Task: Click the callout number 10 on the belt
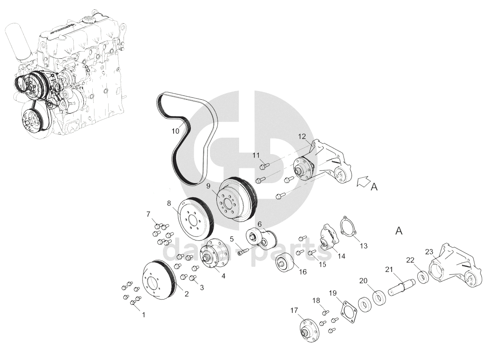[175, 131]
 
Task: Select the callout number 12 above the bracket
[302, 136]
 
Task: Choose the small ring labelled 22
[423, 277]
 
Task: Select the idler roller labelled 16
[285, 262]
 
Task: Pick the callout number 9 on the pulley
[208, 186]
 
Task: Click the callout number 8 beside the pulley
[169, 203]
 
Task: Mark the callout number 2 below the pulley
[187, 294]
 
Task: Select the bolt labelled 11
[264, 165]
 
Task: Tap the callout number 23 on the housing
[429, 252]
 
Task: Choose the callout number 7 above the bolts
[148, 214]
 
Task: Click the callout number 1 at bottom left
[144, 315]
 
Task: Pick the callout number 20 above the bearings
[364, 281]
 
